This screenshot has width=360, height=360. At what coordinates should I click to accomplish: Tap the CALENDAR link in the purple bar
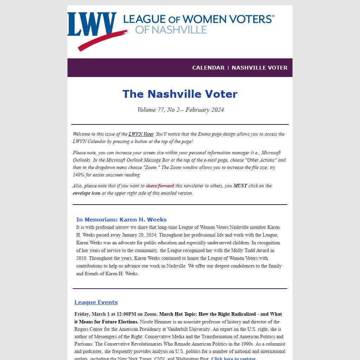click(208, 68)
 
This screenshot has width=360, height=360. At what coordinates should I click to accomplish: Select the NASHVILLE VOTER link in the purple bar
click(259, 68)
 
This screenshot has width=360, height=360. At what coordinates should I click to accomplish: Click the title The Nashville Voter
click(180, 94)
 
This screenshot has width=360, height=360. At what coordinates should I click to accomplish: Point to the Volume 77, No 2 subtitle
click(180, 110)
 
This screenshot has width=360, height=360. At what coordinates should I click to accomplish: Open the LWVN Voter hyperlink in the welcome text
click(141, 134)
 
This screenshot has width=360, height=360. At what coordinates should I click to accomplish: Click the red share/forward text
click(160, 186)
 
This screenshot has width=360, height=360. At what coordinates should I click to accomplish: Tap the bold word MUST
click(240, 186)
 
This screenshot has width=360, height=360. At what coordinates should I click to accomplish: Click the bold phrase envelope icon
click(86, 193)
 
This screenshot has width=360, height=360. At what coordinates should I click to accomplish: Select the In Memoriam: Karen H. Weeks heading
click(121, 220)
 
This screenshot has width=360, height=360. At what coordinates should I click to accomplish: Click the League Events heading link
click(96, 302)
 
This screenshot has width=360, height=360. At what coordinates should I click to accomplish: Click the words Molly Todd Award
click(249, 251)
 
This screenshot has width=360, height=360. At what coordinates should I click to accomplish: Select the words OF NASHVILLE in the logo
click(171, 30)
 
